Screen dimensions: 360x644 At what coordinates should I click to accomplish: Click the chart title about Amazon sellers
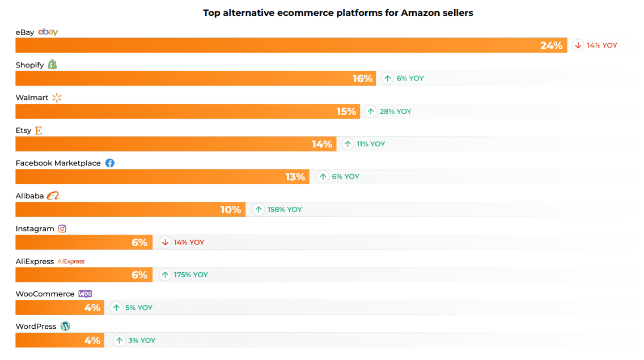[x=338, y=12]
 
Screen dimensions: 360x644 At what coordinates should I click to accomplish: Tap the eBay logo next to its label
[x=48, y=32]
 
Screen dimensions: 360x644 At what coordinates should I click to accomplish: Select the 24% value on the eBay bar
[x=551, y=45]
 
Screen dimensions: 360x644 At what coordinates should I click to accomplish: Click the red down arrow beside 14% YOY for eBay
[x=578, y=45]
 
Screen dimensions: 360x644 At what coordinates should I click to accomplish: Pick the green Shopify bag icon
[x=53, y=65]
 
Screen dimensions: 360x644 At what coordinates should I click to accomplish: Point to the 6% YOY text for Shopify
[x=410, y=78]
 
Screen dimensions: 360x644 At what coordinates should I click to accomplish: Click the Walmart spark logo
[x=57, y=98]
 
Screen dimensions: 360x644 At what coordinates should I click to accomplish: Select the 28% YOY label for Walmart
[x=395, y=111]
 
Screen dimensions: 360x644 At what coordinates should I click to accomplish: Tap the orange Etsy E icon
[x=39, y=130]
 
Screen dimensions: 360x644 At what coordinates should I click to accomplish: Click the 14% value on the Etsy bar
[x=321, y=144]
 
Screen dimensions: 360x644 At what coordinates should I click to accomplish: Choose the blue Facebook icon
[x=110, y=163]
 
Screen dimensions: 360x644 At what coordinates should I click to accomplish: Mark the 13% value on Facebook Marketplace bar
[x=295, y=177]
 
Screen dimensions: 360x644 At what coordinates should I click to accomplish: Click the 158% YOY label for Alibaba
[x=285, y=209]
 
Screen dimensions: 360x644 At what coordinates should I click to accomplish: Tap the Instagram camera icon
[x=62, y=228]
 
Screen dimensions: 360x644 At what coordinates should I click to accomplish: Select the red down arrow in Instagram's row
[x=165, y=242]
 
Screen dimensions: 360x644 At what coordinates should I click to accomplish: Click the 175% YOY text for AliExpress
[x=190, y=274]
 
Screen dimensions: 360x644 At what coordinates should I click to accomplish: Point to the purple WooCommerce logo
[x=85, y=294]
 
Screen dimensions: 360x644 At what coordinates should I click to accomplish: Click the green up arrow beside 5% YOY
[x=116, y=307]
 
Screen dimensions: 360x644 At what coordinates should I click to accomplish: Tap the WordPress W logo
[x=66, y=327]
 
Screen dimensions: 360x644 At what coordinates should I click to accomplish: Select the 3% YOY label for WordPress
[x=141, y=340]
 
